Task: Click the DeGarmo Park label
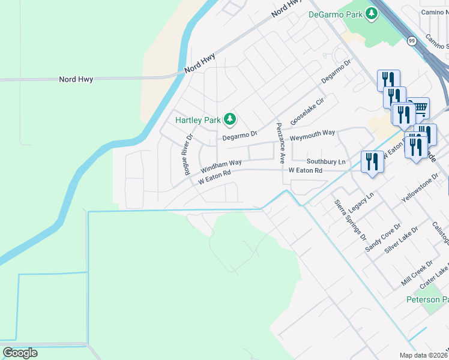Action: (x=335, y=14)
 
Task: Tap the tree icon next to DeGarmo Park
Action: (x=372, y=13)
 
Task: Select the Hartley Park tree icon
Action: (x=229, y=119)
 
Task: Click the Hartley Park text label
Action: (x=198, y=120)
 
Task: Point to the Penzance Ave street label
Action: (x=280, y=143)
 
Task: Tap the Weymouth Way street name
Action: (x=312, y=134)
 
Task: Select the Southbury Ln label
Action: (x=327, y=162)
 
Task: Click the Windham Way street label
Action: (x=221, y=163)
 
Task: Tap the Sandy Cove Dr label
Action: (x=380, y=235)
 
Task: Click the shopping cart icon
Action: (x=420, y=108)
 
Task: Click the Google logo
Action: (x=20, y=353)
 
